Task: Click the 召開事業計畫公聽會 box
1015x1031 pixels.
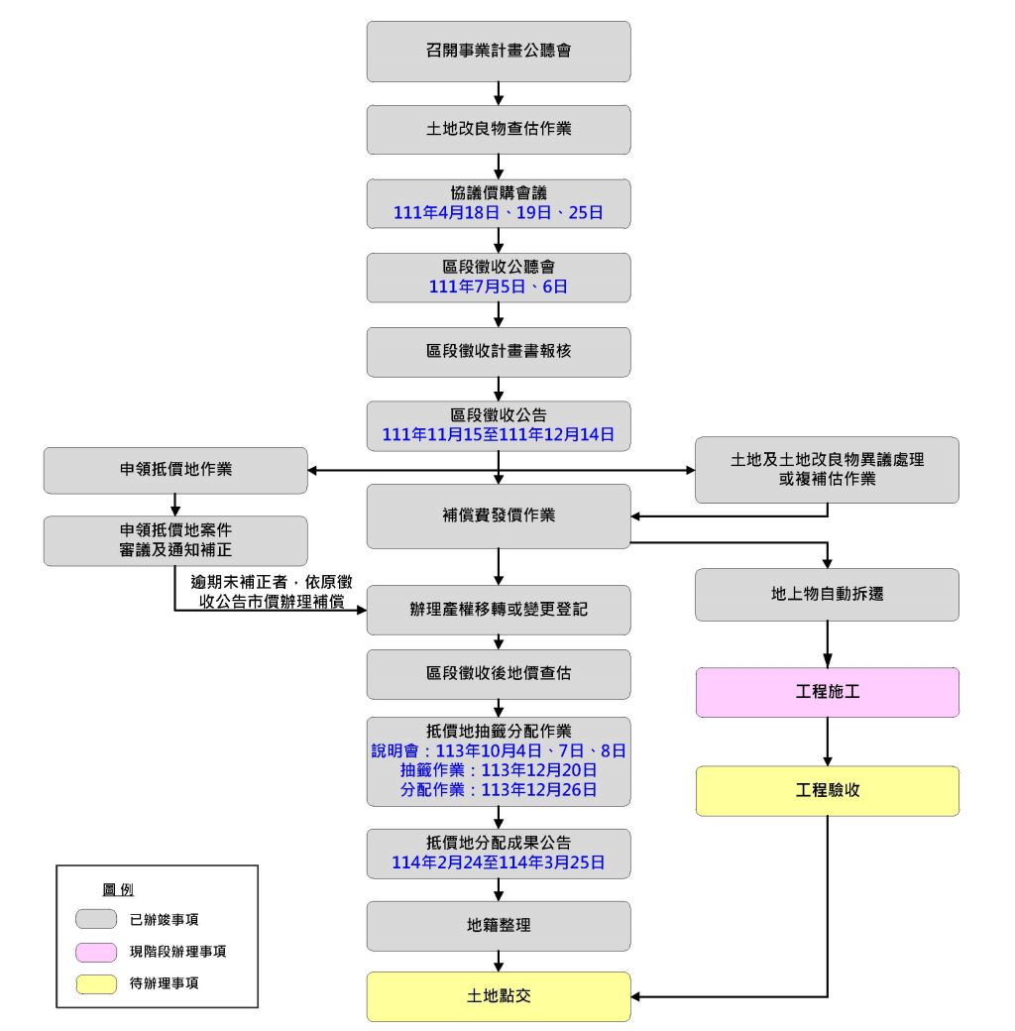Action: [x=499, y=51]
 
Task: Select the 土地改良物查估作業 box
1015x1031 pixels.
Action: [x=499, y=129]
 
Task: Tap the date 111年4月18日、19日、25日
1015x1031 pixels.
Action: [x=499, y=213]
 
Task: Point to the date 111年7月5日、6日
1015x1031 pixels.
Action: [x=499, y=287]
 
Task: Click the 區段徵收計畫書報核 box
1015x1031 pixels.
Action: [x=499, y=352]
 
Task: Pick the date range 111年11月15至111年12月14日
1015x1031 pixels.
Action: [x=499, y=435]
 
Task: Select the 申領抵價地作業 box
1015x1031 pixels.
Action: [x=175, y=470]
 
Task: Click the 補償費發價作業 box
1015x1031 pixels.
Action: [x=499, y=515]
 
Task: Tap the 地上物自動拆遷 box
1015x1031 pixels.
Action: [x=827, y=595]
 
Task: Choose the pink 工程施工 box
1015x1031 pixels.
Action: [x=827, y=692]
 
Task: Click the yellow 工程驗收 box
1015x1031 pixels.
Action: [x=827, y=790]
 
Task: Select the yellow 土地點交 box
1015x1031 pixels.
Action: [x=499, y=996]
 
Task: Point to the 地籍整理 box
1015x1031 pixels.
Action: [x=499, y=926]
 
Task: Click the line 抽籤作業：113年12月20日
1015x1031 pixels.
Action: [x=499, y=770]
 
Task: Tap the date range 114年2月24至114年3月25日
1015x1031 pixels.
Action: [x=499, y=863]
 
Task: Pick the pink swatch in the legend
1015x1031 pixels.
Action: [x=96, y=952]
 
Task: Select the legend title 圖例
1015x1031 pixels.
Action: [x=118, y=889]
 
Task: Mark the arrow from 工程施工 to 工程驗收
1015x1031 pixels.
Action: [x=827, y=741]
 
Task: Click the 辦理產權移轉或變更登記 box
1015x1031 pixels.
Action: [x=499, y=610]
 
